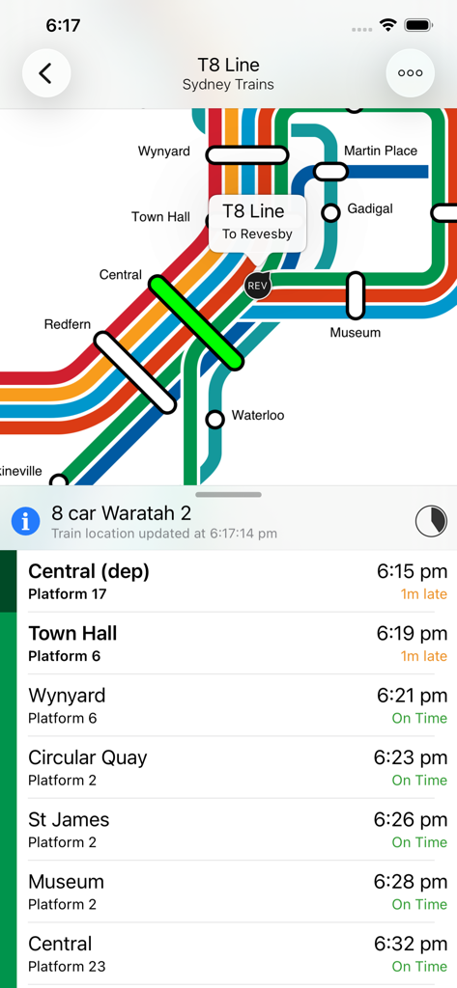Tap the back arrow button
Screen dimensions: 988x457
coord(46,73)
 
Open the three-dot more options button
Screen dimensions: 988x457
coord(410,73)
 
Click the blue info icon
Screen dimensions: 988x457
coord(25,521)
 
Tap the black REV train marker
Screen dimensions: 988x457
coord(257,286)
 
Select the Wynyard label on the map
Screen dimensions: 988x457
coord(164,151)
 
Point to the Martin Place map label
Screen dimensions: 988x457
coord(381,151)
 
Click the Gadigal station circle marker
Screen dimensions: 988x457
coord(331,212)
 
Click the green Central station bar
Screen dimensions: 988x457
coord(196,321)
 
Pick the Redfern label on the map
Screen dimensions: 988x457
coord(68,324)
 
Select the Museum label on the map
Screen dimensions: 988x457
coord(356,333)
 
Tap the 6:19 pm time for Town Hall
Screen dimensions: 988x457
coord(412,634)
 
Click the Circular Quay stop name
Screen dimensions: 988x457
coord(88,757)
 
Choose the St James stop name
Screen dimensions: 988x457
coord(69,819)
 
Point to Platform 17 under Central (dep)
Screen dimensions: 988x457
coord(68,593)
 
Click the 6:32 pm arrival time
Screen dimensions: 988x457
coord(412,944)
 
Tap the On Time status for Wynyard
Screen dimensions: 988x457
coord(419,718)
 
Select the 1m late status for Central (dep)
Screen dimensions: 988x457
coord(424,593)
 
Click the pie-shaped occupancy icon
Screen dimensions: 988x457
coord(431,521)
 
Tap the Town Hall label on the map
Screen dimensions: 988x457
coord(160,217)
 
